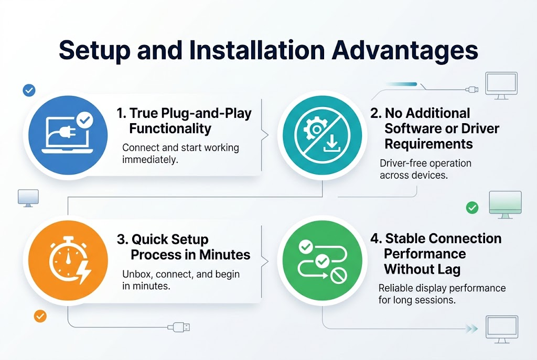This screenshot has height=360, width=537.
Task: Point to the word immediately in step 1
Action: coord(150,159)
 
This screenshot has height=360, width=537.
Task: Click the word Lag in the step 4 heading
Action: coord(447,269)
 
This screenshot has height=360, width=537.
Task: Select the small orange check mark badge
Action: coord(40,317)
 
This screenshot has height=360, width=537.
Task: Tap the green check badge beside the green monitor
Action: coord(472,208)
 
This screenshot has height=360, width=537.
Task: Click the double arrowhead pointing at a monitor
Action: coord(471,329)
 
